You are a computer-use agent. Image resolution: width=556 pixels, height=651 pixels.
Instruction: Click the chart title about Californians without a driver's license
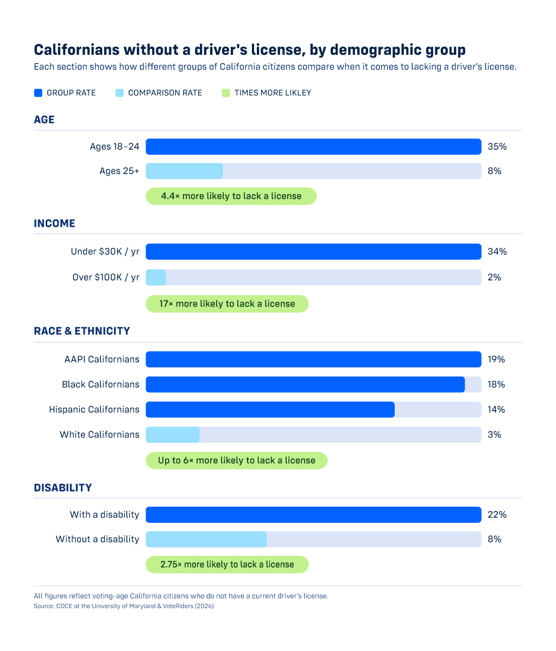click(x=249, y=50)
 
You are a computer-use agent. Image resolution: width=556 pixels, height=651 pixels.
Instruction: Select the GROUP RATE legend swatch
click(x=38, y=93)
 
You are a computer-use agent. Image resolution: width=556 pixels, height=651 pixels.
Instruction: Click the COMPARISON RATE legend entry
click(x=159, y=93)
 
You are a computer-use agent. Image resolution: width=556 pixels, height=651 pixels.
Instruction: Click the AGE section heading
click(x=44, y=119)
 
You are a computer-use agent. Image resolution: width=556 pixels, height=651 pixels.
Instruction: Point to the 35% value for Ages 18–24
click(x=497, y=146)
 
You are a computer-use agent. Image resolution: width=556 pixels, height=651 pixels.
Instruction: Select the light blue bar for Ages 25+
click(x=184, y=171)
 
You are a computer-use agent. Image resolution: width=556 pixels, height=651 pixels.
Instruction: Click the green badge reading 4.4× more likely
click(x=231, y=196)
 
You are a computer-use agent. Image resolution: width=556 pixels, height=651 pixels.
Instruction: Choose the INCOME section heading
click(x=54, y=224)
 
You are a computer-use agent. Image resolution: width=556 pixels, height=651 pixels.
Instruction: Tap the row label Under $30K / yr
click(x=105, y=252)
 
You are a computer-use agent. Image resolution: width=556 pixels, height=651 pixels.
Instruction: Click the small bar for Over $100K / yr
click(x=156, y=277)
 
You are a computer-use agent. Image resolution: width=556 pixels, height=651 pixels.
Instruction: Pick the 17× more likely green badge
click(x=227, y=304)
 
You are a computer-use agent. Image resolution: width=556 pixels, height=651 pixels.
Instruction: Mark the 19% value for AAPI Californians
click(x=496, y=359)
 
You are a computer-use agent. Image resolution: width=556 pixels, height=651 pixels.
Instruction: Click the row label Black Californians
click(x=100, y=384)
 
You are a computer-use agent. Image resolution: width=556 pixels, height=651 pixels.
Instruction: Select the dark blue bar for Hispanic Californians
click(x=270, y=410)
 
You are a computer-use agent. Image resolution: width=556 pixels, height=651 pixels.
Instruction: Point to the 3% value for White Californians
click(x=494, y=435)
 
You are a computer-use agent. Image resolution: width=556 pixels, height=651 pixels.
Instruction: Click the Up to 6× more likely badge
click(x=236, y=460)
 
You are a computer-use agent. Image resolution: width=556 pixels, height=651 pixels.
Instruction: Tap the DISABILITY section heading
click(x=62, y=488)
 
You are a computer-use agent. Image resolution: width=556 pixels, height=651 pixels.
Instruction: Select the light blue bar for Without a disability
click(x=206, y=539)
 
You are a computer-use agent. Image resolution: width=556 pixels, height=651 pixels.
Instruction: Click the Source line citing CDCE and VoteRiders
click(x=124, y=606)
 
